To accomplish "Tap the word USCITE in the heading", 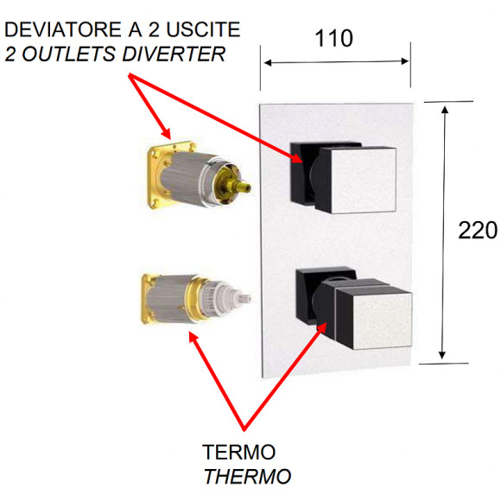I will [x=206, y=31].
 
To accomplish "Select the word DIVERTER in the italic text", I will [x=180, y=54].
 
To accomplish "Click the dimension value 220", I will [x=478, y=231].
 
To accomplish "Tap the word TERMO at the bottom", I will [x=238, y=452].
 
